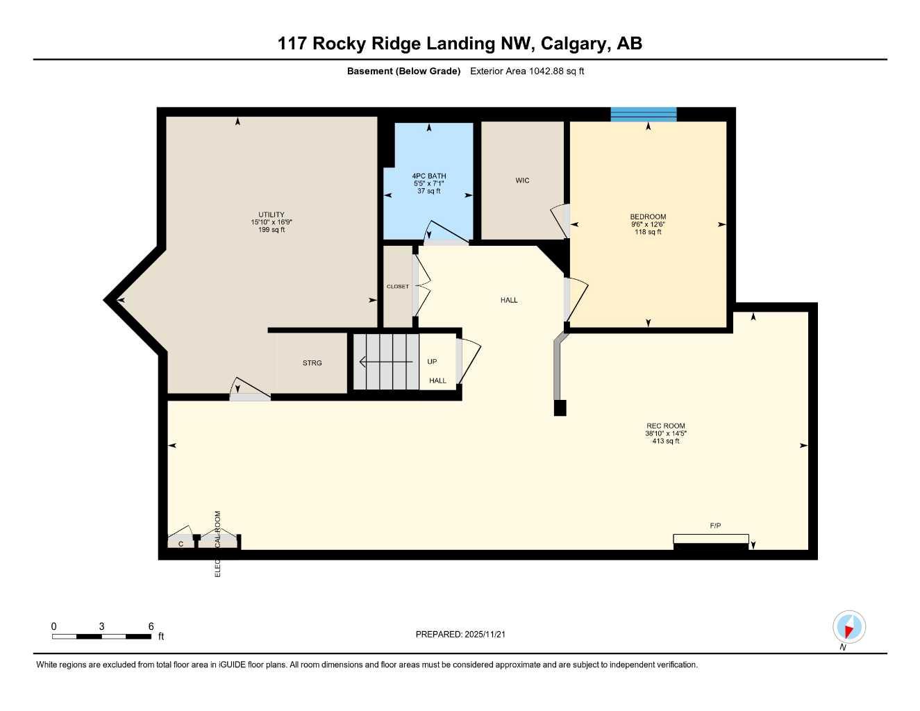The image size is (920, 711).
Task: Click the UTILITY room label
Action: [x=271, y=215]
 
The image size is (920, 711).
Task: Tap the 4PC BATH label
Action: [x=429, y=176]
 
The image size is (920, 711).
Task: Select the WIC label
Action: [x=522, y=181]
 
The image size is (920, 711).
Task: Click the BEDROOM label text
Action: [x=648, y=217]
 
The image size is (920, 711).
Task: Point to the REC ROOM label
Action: [x=665, y=426]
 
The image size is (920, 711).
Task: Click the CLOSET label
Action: [x=398, y=287]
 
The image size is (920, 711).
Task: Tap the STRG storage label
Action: [x=312, y=363]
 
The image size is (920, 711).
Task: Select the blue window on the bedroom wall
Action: [x=643, y=115]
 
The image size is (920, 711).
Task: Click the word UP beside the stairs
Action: [x=432, y=362]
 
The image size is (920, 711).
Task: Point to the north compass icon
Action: [x=848, y=627]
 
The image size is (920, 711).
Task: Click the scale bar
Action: [x=101, y=636]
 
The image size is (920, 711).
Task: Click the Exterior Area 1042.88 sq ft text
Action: [x=527, y=71]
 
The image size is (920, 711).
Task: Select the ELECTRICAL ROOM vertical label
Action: [x=217, y=544]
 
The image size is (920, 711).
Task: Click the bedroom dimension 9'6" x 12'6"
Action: [x=648, y=224]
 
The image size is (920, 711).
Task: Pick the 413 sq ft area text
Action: [x=665, y=441]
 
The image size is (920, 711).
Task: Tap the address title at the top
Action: [x=460, y=43]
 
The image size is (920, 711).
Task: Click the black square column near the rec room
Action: [x=560, y=408]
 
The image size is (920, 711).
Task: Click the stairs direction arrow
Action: [x=385, y=362]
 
